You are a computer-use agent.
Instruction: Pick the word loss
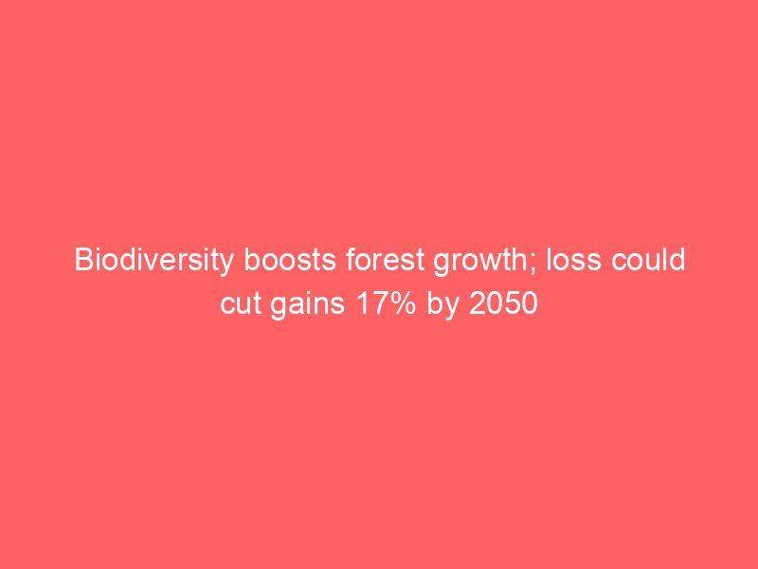click(575, 260)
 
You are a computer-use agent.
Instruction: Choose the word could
click(649, 260)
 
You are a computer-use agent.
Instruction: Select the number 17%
click(386, 304)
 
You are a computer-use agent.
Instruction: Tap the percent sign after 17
click(402, 304)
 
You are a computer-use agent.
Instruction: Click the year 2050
click(503, 304)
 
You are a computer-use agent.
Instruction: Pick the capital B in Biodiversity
click(83, 260)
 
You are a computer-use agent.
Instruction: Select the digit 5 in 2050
click(512, 304)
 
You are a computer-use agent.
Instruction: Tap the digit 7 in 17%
click(378, 304)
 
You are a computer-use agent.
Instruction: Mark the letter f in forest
click(351, 260)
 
